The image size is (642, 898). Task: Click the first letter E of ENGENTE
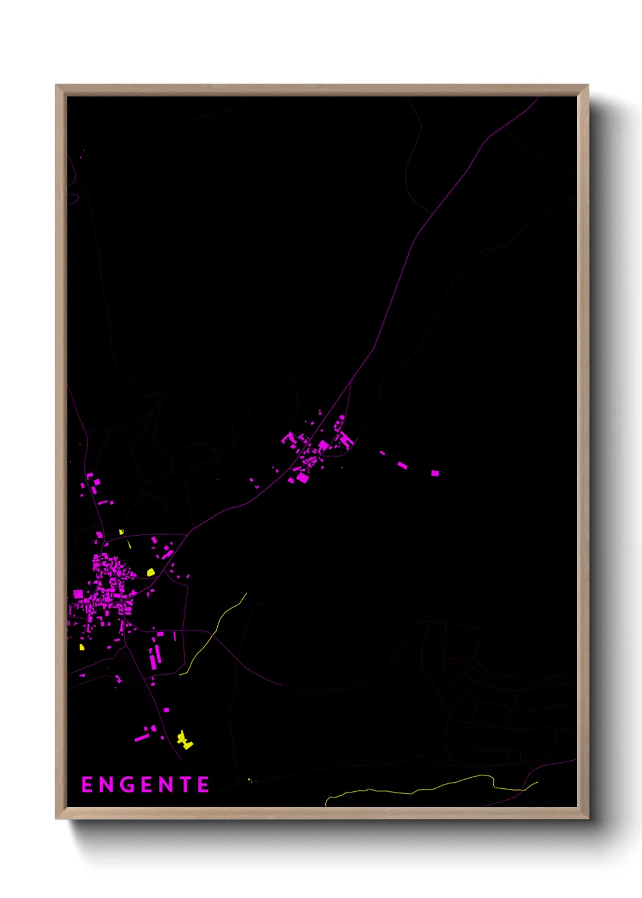[x=87, y=785]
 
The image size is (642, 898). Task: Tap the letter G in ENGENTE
[x=126, y=785]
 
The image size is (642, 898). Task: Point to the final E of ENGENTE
[x=204, y=785]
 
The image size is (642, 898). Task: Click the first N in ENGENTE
[x=106, y=785]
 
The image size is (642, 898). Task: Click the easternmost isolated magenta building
[x=435, y=473]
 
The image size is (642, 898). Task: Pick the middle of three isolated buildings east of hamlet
[x=402, y=465]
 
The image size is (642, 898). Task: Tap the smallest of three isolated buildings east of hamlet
[x=382, y=453]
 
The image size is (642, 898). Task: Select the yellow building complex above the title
[x=184, y=740]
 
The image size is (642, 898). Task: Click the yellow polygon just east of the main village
[x=150, y=572]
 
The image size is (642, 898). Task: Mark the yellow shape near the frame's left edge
[x=82, y=647]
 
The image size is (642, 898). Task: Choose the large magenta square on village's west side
[x=78, y=594]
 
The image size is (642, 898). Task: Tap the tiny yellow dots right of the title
[x=250, y=780]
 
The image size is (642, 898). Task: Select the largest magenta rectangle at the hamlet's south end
[x=302, y=478]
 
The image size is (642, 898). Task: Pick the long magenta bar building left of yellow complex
[x=141, y=738]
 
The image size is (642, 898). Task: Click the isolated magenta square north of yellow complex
[x=166, y=709]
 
